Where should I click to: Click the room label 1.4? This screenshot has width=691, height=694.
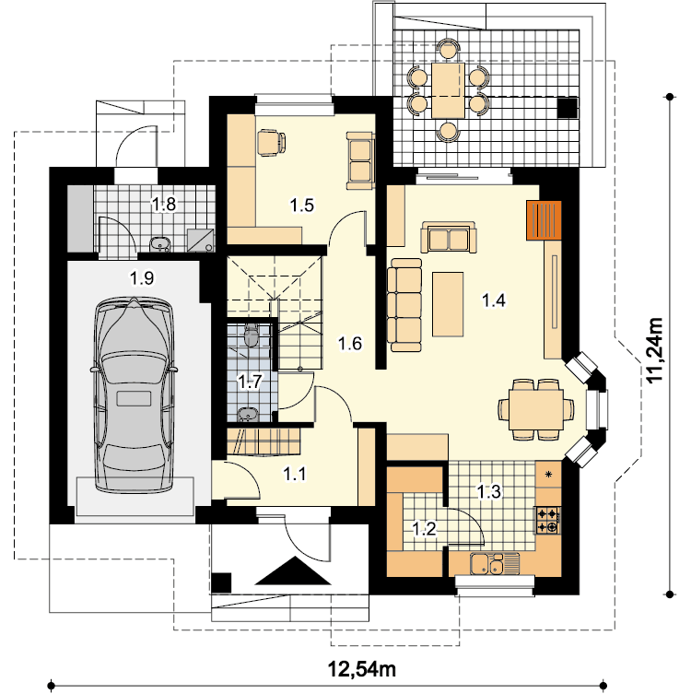pos(493,300)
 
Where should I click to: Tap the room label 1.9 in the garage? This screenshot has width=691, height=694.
pos(142,278)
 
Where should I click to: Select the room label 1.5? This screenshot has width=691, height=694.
pos(301,205)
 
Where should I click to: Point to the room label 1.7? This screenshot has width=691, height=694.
pos(250,381)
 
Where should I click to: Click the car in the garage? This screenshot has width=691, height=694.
pos(134,394)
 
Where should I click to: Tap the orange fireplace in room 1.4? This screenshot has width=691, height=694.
pos(544,220)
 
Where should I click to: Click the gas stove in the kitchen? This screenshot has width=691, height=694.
pos(548,520)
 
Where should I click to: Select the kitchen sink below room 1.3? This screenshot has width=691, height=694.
pos(494,564)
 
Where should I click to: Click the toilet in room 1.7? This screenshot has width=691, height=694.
pos(252,335)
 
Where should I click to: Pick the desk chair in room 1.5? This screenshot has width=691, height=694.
pos(271,143)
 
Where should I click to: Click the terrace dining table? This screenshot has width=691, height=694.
pos(448,90)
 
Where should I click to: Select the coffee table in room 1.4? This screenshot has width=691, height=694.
pos(448,304)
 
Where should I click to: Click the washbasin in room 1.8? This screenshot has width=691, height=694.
pos(159,244)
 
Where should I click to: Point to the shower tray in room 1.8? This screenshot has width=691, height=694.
pos(201,241)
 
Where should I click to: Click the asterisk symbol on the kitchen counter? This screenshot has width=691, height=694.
pos(548,475)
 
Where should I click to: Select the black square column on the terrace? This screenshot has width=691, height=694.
pos(568,108)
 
